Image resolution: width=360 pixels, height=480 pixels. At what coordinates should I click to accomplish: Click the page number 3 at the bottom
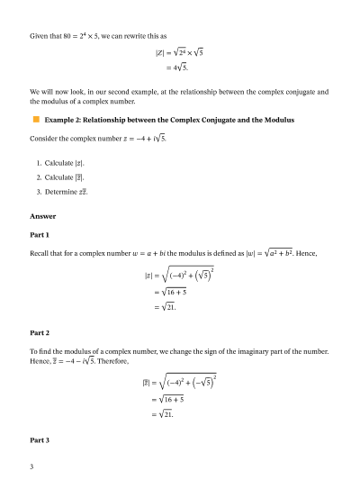point(31,466)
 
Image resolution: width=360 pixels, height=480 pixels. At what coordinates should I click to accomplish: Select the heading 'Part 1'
point(39,234)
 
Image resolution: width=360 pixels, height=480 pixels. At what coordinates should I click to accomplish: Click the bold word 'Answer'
point(42,216)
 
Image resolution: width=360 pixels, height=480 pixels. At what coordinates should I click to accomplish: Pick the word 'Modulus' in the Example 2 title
point(273,119)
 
